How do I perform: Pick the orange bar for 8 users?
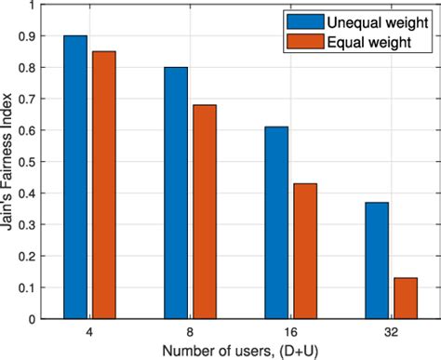point(203,211)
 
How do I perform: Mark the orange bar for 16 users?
point(303,250)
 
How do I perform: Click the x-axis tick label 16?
point(289,331)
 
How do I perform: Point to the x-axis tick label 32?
point(390,331)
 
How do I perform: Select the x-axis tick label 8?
point(189,331)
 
